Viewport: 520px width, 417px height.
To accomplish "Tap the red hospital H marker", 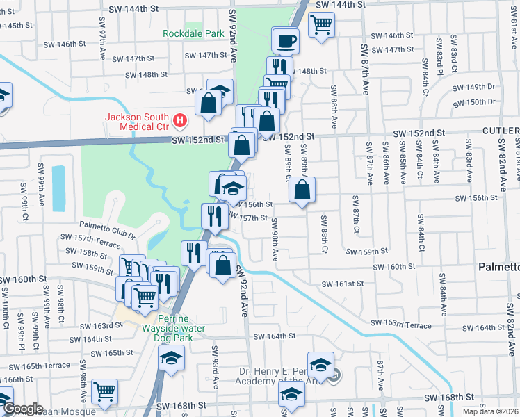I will coord(181,121).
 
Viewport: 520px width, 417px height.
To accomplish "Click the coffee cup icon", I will coord(286,42).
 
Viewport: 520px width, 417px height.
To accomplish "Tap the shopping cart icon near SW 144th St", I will coord(321,24).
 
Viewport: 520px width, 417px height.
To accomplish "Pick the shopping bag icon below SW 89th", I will coord(302,189).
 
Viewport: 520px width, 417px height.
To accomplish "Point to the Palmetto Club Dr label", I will coord(107,225).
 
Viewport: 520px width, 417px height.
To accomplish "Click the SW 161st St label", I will coord(342,284).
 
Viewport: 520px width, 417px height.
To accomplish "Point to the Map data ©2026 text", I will coord(490,411).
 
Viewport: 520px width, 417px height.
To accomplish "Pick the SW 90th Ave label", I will coord(275,239).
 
